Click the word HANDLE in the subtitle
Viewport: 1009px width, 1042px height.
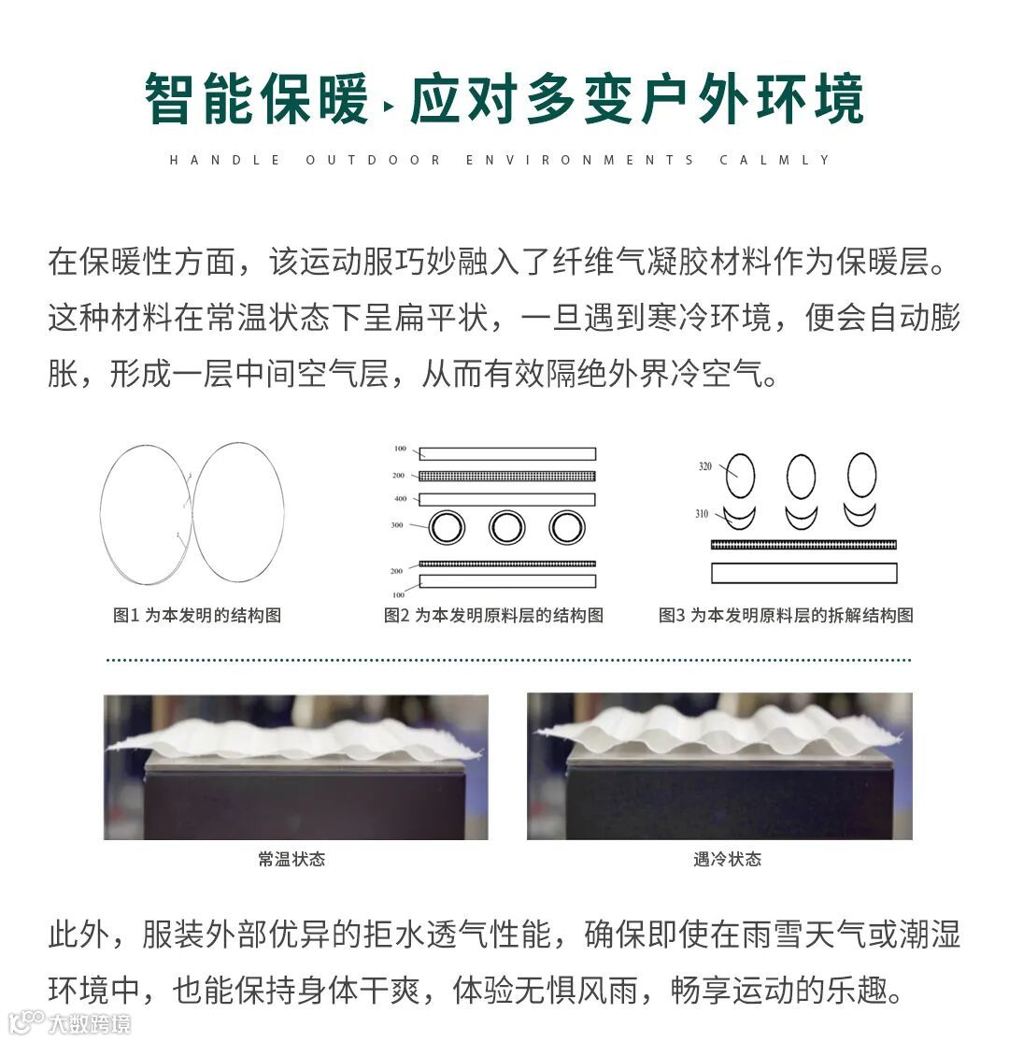coord(225,160)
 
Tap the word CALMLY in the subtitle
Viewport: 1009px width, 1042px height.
coord(775,160)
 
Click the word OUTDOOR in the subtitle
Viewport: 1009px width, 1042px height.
coord(374,160)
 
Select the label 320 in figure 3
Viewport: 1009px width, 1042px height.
coord(704,466)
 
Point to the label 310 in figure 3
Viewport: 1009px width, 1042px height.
coord(702,514)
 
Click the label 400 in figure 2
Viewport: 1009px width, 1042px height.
coord(401,498)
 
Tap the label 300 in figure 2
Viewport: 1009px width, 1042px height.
coord(396,525)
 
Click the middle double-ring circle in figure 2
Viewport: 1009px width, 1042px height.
coord(506,512)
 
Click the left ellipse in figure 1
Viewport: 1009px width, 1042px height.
coord(101,515)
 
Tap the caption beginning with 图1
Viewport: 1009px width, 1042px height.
coord(197,615)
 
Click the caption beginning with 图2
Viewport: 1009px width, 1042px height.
coord(493,615)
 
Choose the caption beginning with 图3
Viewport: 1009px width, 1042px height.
coord(786,615)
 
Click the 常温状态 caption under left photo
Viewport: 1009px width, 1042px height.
coord(291,859)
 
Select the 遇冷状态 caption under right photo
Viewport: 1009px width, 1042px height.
coord(728,859)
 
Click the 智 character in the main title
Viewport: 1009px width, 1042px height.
coord(171,98)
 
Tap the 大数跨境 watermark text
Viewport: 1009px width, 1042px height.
coord(89,1024)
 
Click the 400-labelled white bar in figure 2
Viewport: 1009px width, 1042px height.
coord(507,500)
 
